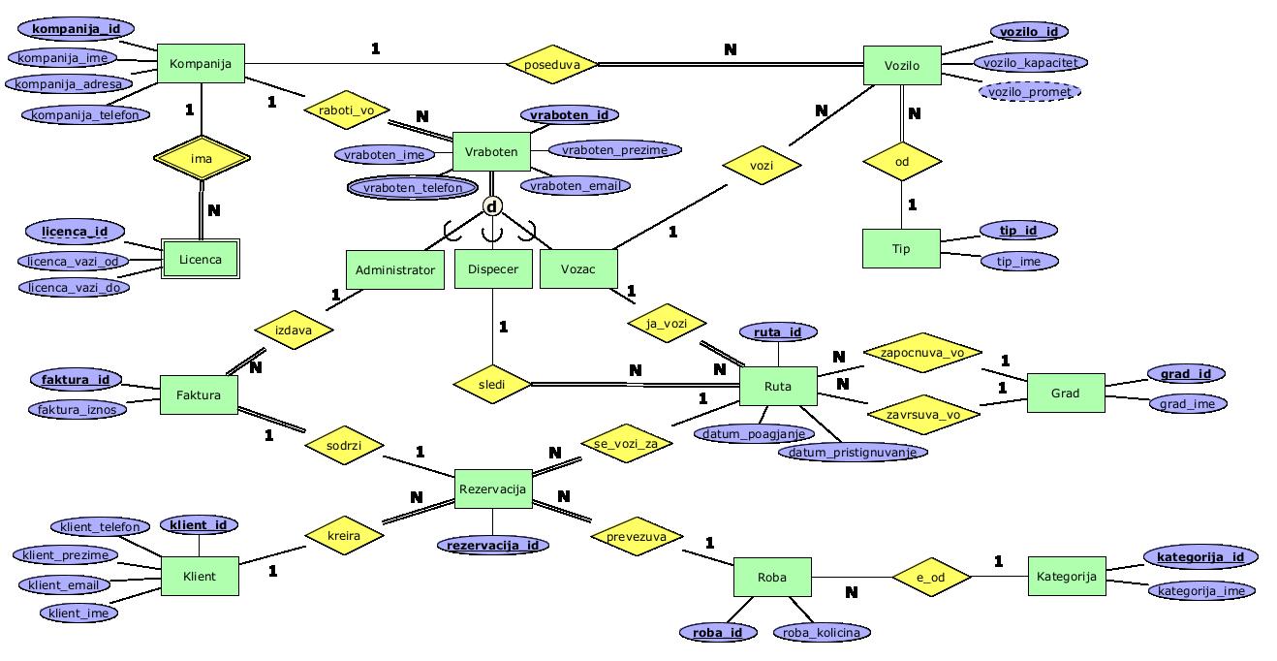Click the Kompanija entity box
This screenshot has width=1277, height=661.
[200, 64]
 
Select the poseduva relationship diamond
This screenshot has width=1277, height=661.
[552, 65]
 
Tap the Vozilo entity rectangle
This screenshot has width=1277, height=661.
[901, 66]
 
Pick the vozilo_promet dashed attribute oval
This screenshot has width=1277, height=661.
[1030, 92]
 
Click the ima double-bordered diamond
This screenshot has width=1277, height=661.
[201, 158]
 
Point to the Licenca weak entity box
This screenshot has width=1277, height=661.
[200, 260]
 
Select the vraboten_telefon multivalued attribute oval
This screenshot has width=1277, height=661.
[413, 188]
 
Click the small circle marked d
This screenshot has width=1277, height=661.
[492, 206]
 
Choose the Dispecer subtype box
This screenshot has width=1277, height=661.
[492, 269]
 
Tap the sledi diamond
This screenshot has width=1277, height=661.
[492, 384]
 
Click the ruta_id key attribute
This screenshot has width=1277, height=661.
[777, 332]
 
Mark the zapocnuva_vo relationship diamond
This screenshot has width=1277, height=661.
[921, 354]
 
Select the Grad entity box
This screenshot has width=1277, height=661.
[1065, 393]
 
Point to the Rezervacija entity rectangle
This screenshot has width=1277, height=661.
[492, 488]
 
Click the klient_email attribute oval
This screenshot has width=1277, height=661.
[64, 584]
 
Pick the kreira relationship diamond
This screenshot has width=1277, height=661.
[344, 535]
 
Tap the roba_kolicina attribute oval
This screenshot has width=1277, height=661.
[821, 633]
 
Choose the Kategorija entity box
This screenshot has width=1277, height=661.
[1066, 577]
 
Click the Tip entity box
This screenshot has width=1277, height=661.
[901, 249]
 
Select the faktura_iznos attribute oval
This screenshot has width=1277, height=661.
[78, 409]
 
